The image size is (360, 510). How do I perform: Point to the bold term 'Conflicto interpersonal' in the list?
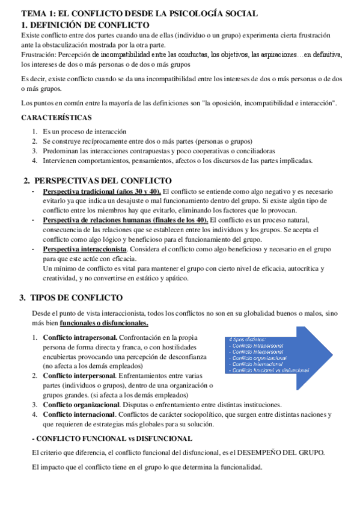(x=79, y=375)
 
